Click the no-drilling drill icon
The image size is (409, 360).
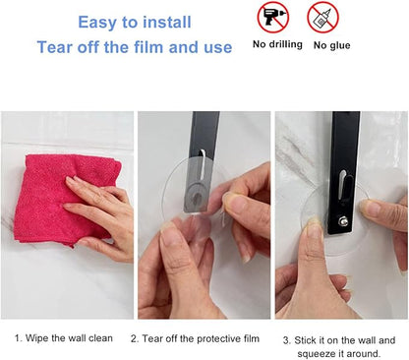(x=272, y=17)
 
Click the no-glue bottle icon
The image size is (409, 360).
(x=322, y=17)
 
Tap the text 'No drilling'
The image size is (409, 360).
(x=277, y=44)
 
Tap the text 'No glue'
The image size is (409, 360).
(x=331, y=45)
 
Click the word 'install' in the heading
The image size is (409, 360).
(x=167, y=23)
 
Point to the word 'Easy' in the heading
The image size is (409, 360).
(x=97, y=23)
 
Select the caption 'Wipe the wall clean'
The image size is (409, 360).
(x=69, y=338)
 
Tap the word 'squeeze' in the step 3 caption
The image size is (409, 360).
(x=317, y=354)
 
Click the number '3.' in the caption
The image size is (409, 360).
(x=287, y=340)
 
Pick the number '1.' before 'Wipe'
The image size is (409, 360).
(x=19, y=338)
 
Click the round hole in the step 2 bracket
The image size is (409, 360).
(x=198, y=197)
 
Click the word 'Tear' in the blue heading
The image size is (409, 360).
(x=55, y=47)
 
